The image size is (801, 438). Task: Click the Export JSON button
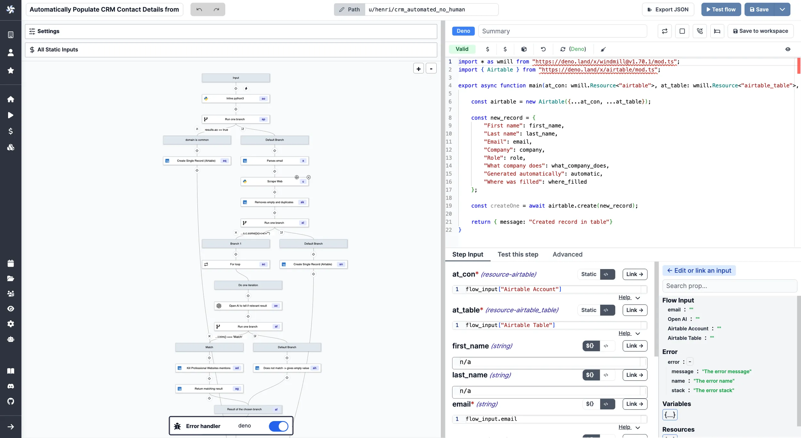[668, 10]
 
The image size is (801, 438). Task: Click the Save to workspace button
[760, 31]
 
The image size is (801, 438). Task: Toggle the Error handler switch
[278, 426]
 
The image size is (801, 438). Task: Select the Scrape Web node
[275, 181]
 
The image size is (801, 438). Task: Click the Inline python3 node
[235, 98]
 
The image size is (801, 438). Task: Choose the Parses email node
[275, 161]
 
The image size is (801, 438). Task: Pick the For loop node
[235, 264]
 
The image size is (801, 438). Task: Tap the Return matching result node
[209, 389]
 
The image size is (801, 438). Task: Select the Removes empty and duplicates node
[274, 202]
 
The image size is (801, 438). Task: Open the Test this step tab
[518, 254]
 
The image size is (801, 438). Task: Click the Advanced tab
[567, 254]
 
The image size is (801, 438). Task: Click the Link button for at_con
[634, 274]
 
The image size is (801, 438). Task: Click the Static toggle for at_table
[589, 310]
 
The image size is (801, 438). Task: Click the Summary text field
[562, 31]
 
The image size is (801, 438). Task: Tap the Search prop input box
[729, 286]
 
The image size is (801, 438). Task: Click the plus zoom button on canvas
[418, 69]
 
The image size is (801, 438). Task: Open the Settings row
[231, 31]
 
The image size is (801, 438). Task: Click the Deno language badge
[463, 31]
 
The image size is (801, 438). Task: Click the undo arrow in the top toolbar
[199, 10]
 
